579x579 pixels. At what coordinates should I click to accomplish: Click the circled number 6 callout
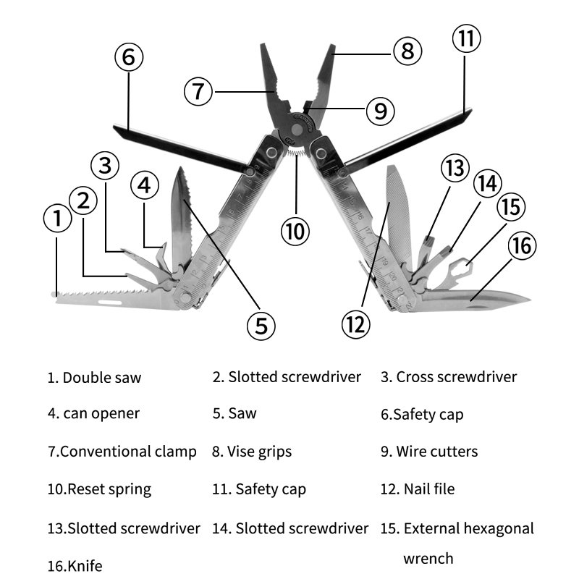point(128,57)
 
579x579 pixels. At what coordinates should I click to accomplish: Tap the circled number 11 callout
point(466,38)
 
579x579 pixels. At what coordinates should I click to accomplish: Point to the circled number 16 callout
point(521,245)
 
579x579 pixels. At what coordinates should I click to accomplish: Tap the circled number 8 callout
point(407,51)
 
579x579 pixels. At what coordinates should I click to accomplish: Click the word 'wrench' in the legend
point(428,558)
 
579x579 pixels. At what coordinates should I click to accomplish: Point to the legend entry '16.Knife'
point(75,565)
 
